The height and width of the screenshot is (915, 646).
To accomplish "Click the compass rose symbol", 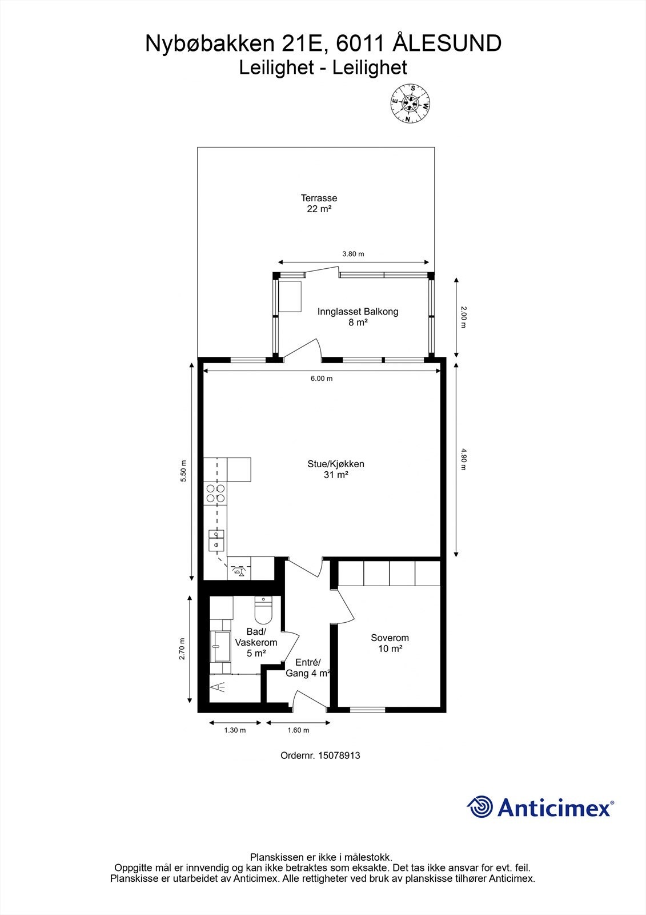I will pos(410,104).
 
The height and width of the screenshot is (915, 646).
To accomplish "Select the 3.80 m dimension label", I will pos(353,254).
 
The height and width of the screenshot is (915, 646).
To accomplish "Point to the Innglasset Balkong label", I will pos(358,317).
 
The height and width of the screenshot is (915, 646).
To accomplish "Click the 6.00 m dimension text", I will pos(322,379).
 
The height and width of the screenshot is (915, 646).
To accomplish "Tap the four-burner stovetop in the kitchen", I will pos(215,493).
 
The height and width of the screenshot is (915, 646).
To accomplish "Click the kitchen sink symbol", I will pos(216,540).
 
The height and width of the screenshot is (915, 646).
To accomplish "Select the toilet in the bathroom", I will pos(264,611).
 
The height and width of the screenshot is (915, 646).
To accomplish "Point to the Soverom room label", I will pos(390,643).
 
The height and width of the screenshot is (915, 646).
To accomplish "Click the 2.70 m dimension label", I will pos(182,649).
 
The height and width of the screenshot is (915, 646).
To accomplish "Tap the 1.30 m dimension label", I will pos(235,730).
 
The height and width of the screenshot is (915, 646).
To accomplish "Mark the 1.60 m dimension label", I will pos(298,730).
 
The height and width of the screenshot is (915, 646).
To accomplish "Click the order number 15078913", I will pos(320,755).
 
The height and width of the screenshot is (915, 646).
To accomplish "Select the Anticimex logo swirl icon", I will pos(480,807).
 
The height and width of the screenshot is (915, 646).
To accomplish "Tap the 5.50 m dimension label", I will pos(183,471).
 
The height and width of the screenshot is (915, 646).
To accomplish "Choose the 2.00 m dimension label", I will pos(464,317).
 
